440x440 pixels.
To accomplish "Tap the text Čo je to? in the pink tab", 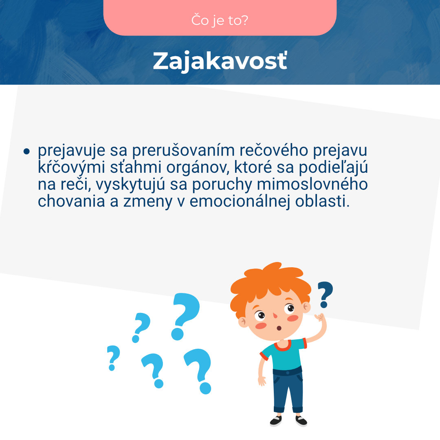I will pos(220,21).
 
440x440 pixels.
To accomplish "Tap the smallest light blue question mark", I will pos(113,357).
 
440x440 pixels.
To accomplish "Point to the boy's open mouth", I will pos(279,328).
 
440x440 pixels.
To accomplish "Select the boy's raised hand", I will pos(321,317).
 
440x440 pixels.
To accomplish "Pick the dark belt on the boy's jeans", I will pos(287,371).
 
